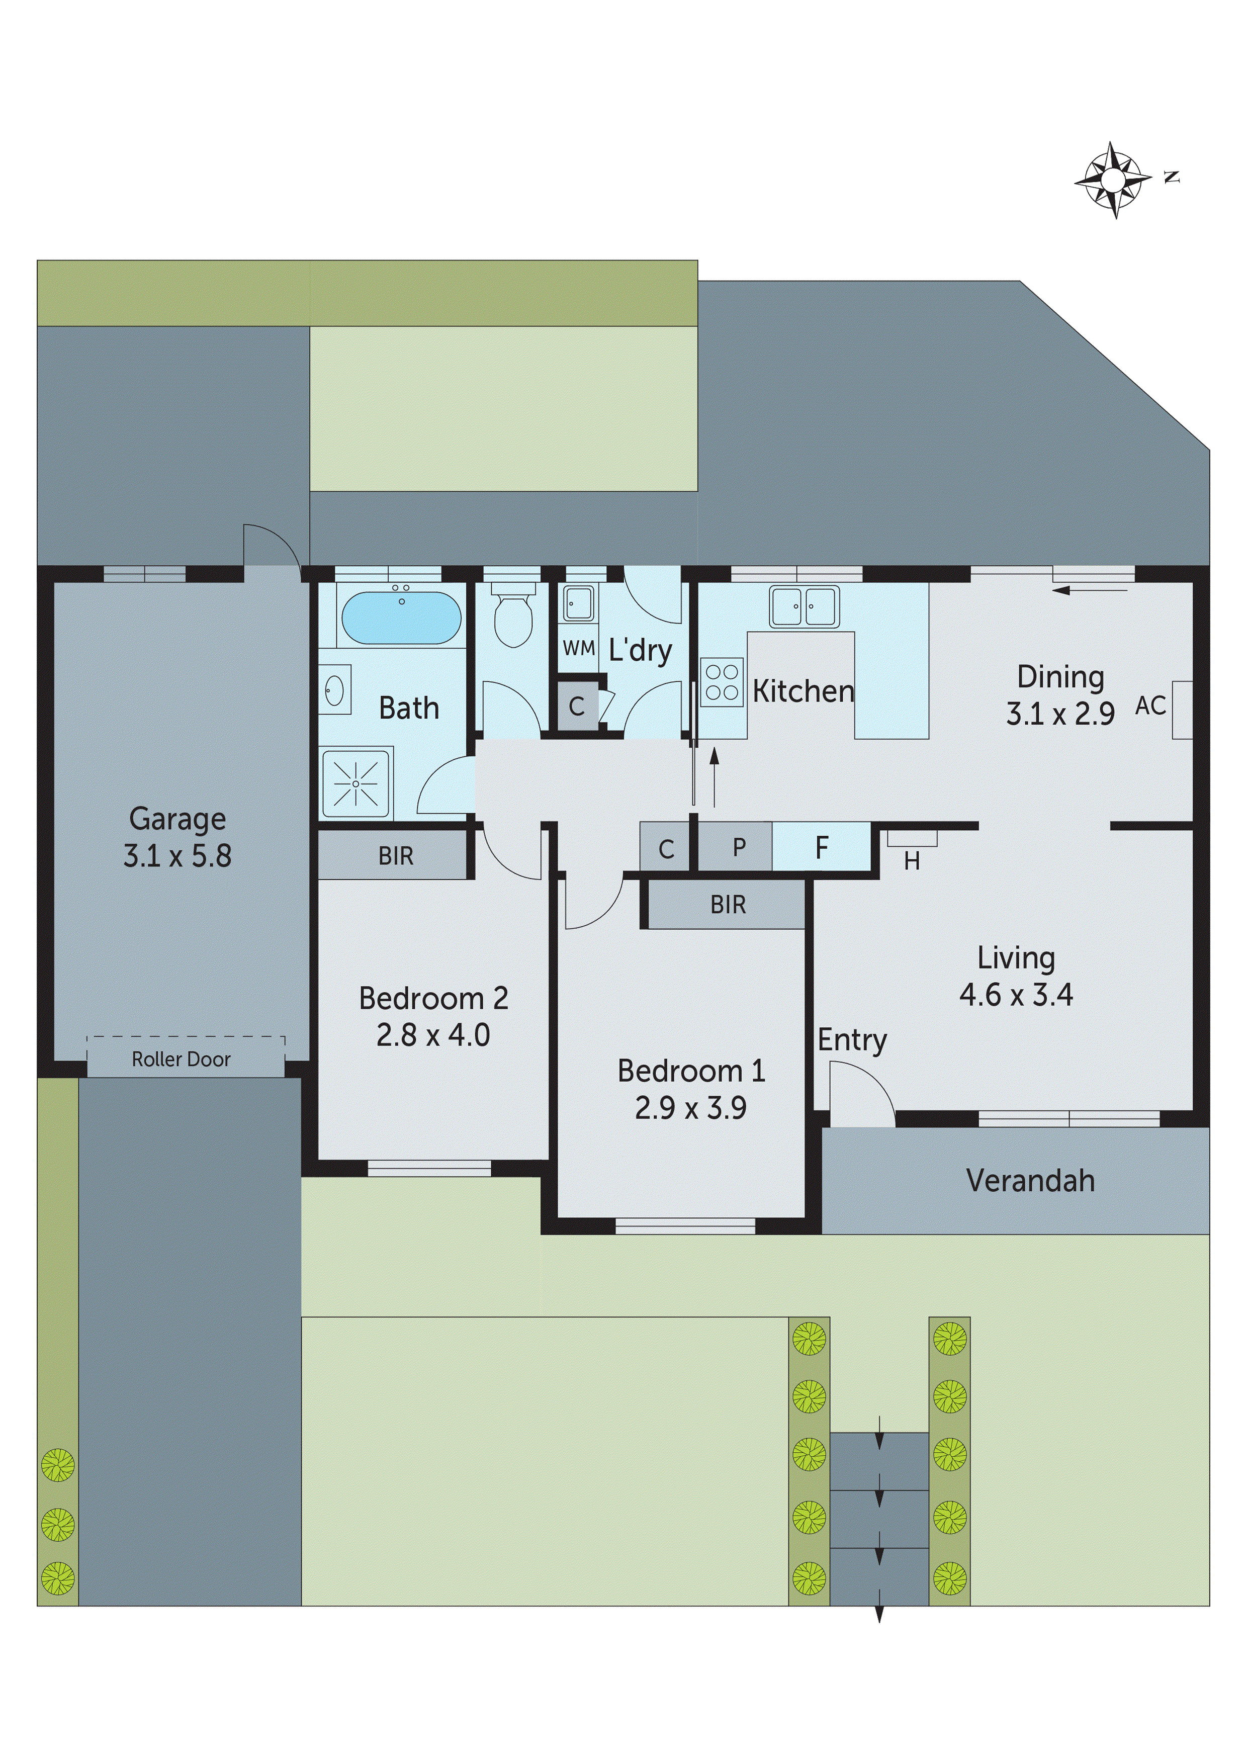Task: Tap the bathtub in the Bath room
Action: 401,617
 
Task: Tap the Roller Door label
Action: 182,1060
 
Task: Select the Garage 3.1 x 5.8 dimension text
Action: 177,856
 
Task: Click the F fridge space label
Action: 821,847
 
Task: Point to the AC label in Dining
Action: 1150,705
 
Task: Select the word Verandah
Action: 1030,1180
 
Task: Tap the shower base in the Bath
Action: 355,783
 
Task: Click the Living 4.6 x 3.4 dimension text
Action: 1016,994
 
